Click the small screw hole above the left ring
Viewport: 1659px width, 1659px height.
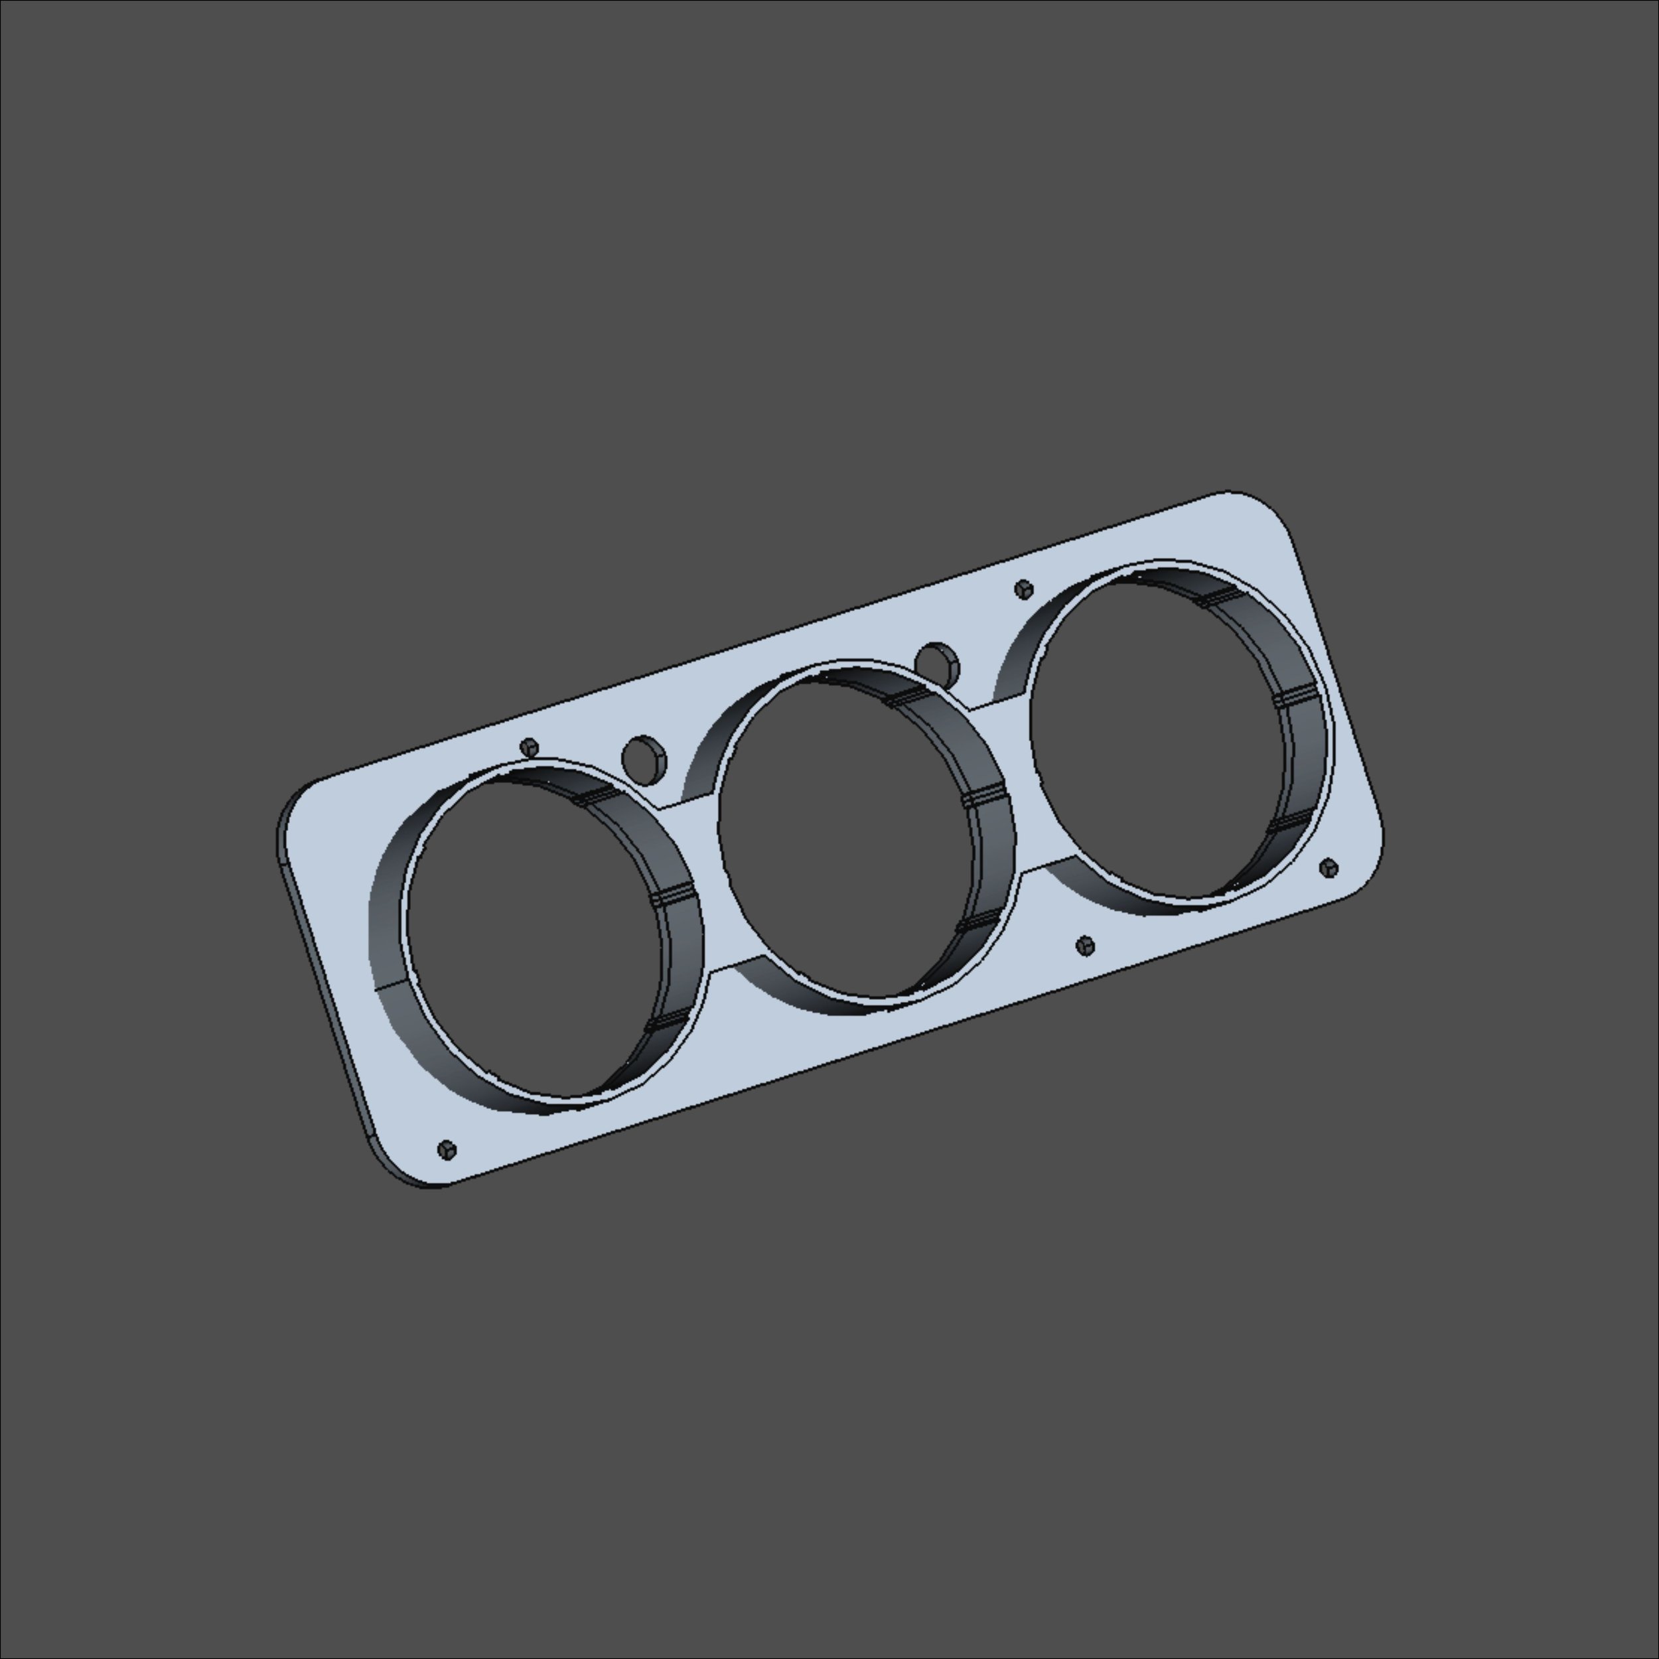pyautogui.click(x=530, y=747)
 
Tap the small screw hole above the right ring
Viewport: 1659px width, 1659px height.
pyautogui.click(x=1023, y=589)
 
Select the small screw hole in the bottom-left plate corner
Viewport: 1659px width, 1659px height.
pyautogui.click(x=447, y=1149)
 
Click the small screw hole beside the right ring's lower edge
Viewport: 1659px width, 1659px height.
pyautogui.click(x=1329, y=867)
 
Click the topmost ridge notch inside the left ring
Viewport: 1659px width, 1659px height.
pyautogui.click(x=595, y=794)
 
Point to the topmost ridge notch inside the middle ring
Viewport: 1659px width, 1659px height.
pyautogui.click(x=906, y=696)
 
